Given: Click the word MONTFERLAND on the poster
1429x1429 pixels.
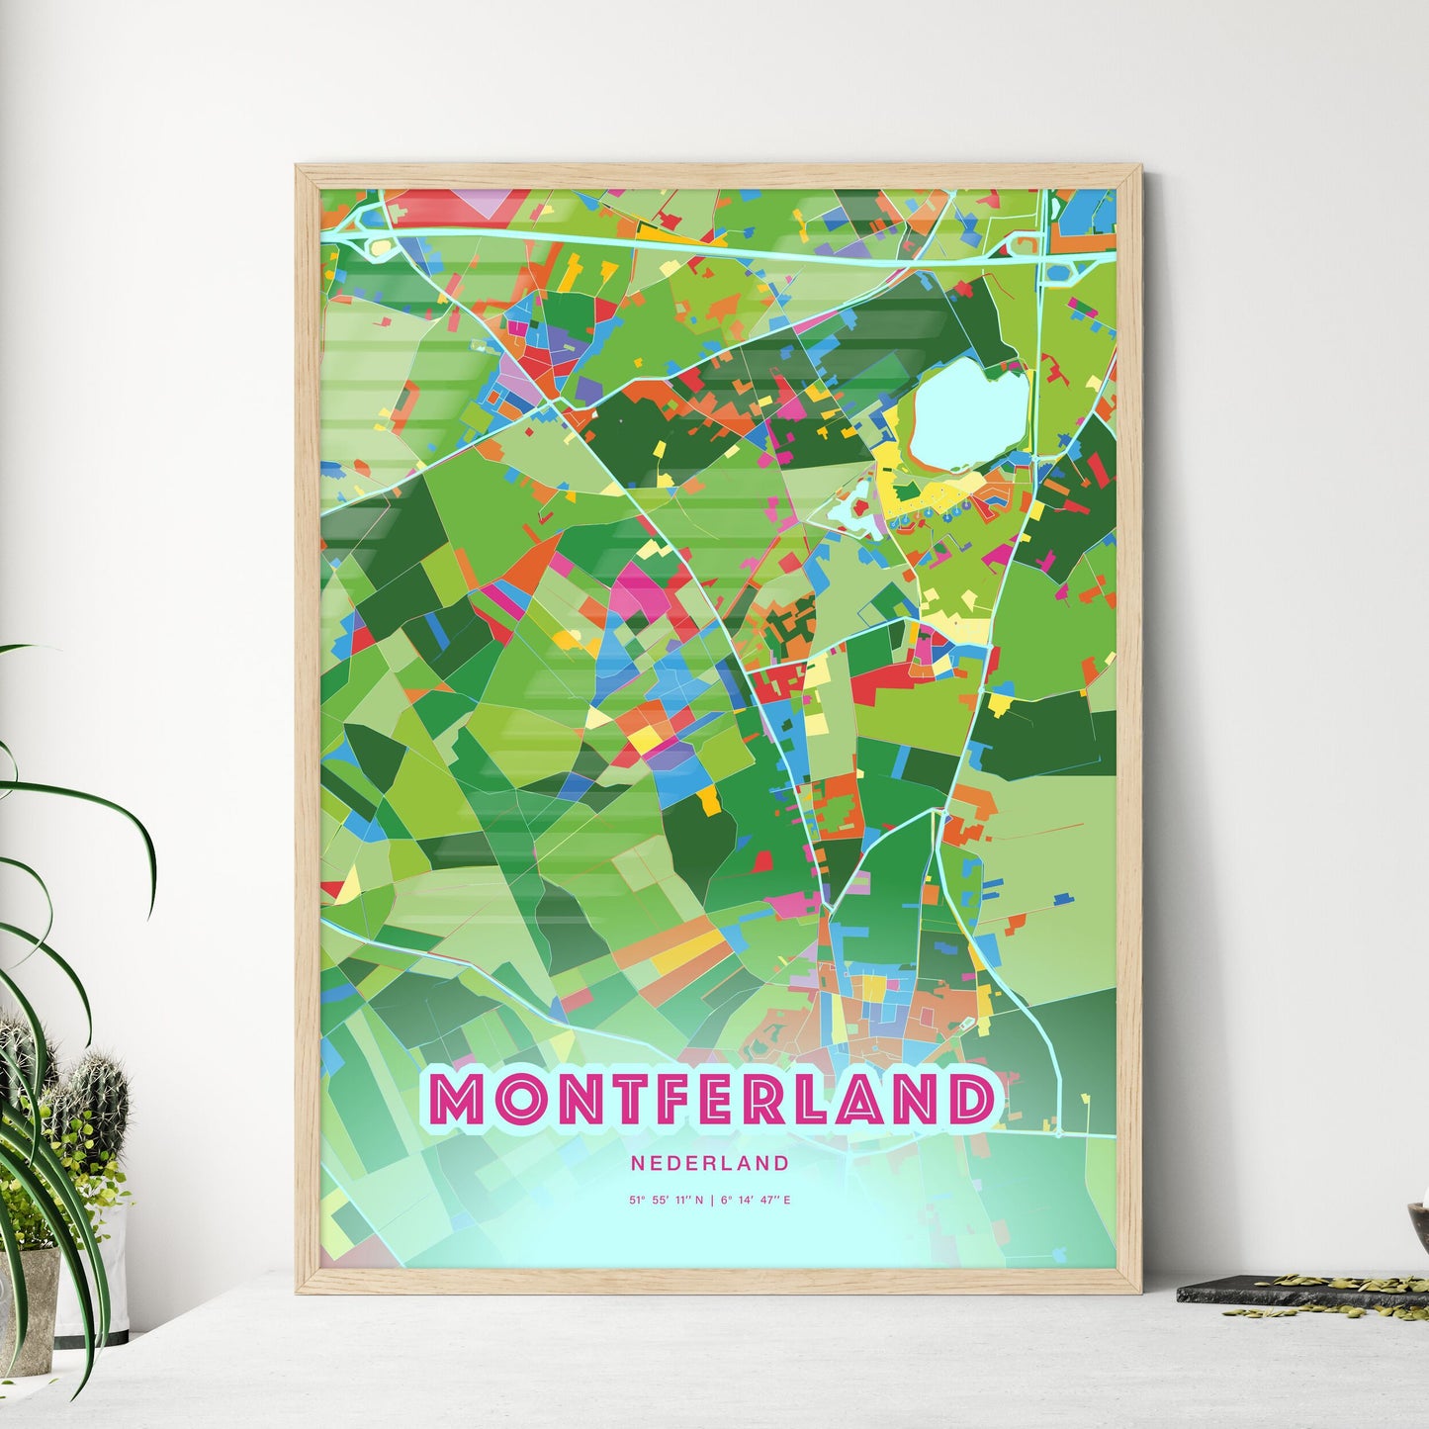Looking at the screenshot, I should (x=712, y=1099).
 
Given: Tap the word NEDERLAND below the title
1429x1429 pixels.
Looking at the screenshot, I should (x=710, y=1164).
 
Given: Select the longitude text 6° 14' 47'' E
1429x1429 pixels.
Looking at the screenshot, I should (x=757, y=1201).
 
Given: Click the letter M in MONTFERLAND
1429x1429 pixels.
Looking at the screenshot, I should (x=458, y=1100).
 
